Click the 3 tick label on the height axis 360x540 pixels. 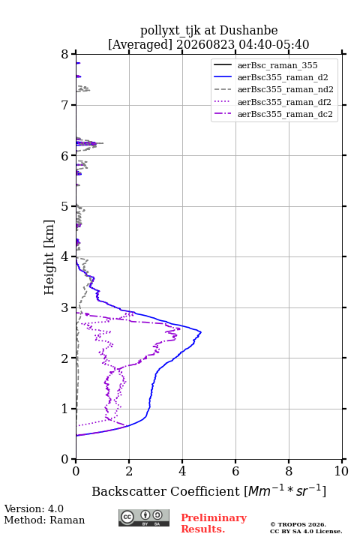point(64,307)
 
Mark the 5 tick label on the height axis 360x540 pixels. point(64,206)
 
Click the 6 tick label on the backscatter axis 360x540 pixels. point(235,471)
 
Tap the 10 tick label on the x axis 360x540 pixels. point(341,471)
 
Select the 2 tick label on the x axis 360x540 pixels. point(129,471)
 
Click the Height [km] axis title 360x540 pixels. point(49,257)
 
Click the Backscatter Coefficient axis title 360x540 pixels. point(208,491)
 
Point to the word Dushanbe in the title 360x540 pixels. point(248,31)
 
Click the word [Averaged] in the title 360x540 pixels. point(140,44)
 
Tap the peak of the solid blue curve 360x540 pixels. point(201,332)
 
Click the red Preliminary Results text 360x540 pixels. point(214,523)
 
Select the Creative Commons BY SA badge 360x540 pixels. point(144,517)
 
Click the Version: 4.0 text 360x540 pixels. point(34,508)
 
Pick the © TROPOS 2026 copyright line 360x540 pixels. point(298,524)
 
